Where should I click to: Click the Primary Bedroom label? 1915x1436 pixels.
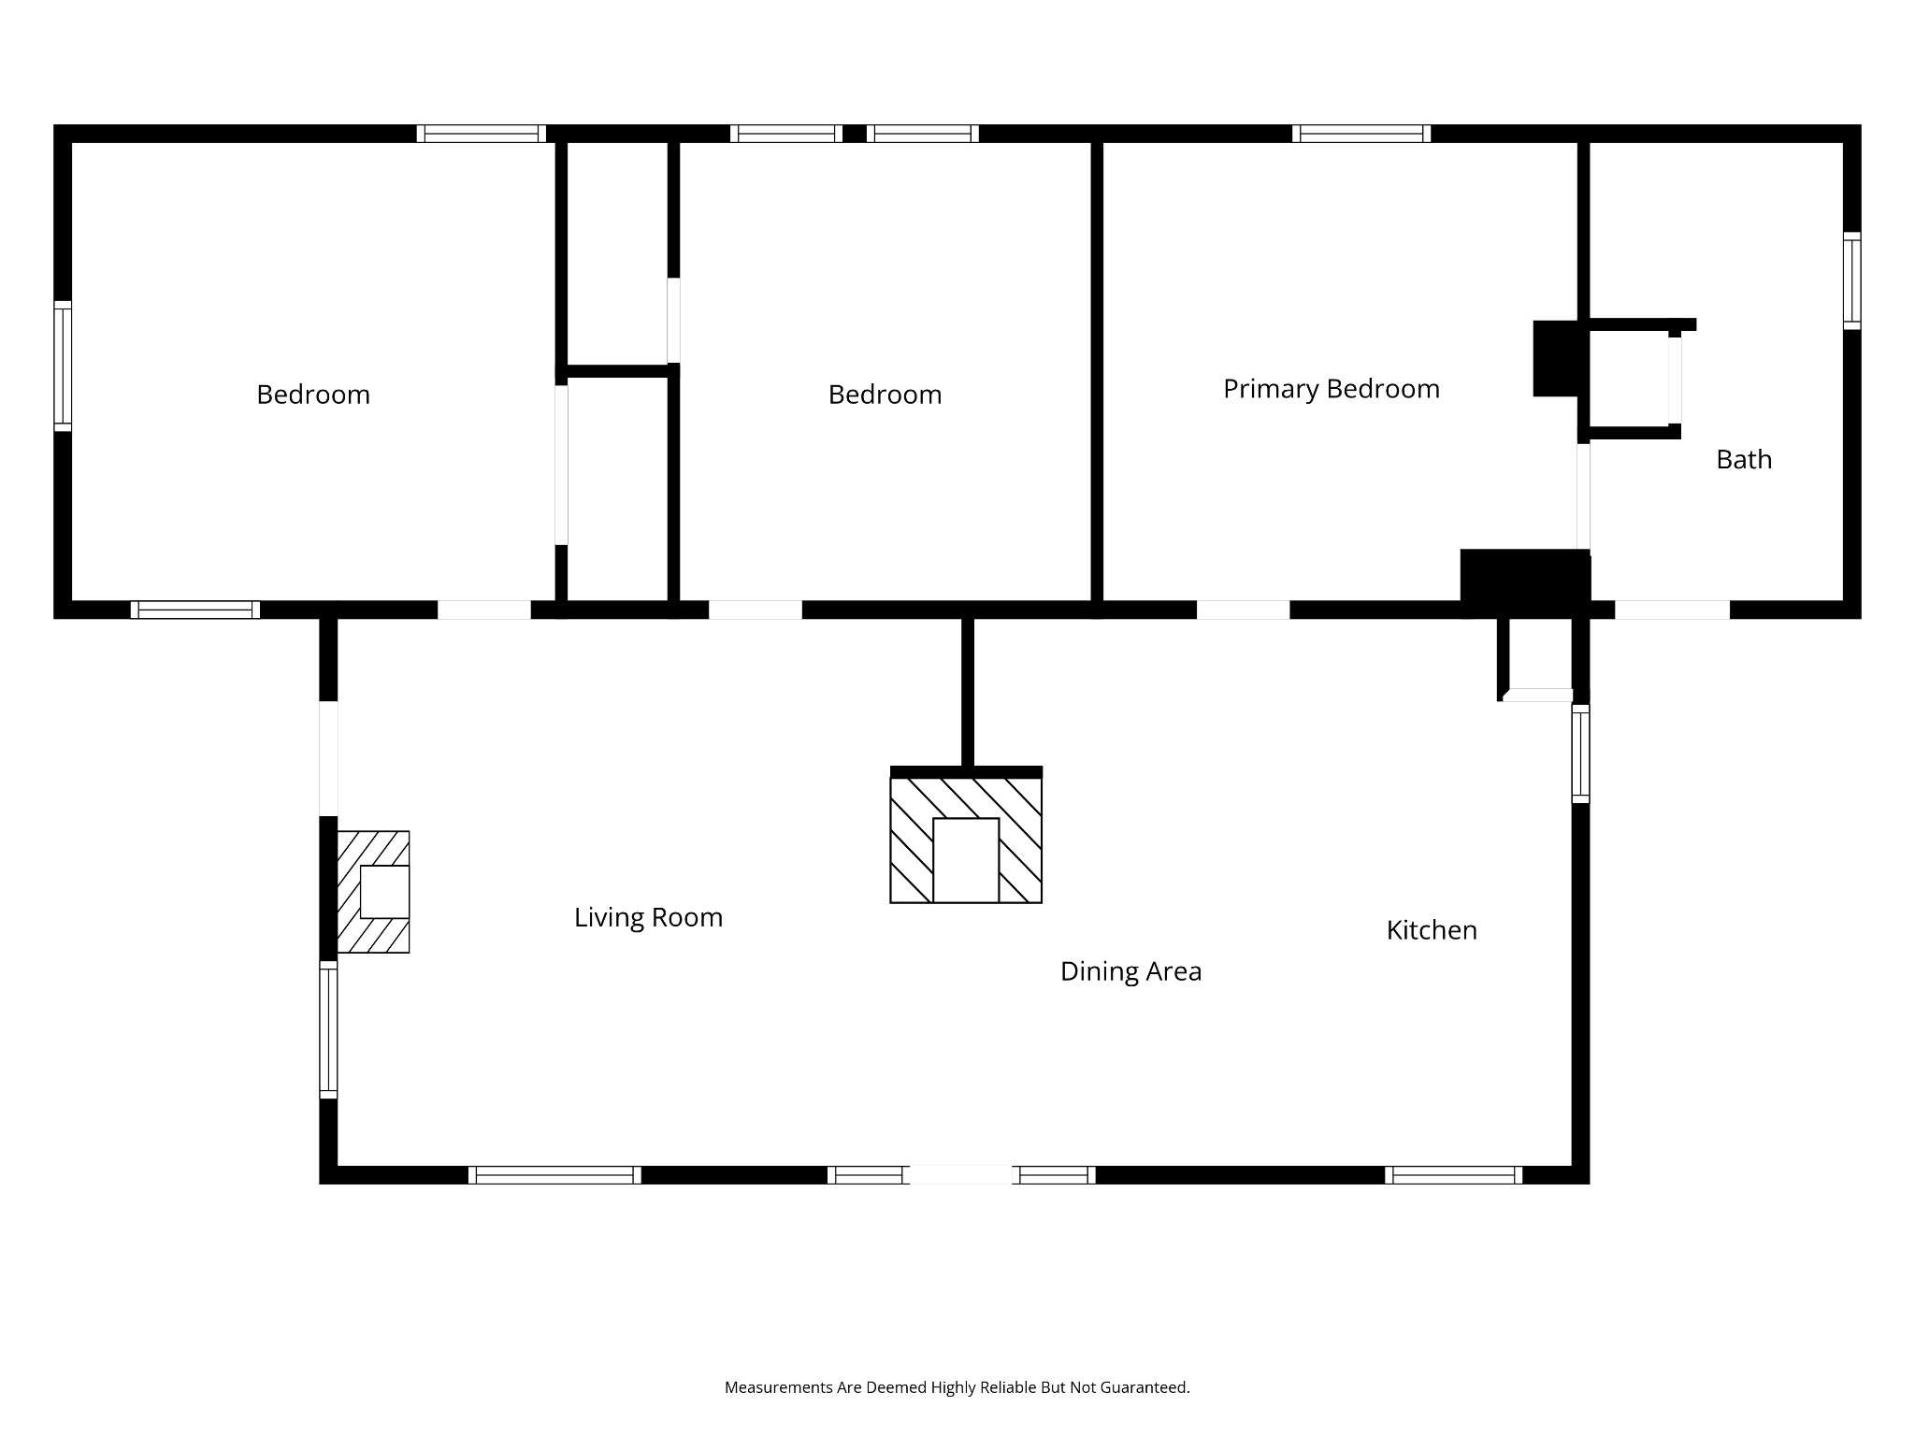coord(1332,389)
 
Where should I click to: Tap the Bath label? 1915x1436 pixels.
coord(1744,459)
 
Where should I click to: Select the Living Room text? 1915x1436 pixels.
coord(648,918)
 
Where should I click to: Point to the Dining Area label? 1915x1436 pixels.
coord(1130,972)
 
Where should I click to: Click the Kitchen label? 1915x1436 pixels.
coord(1432,930)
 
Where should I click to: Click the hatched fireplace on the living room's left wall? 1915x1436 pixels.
coord(373,892)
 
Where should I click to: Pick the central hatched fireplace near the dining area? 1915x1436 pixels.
coord(966,835)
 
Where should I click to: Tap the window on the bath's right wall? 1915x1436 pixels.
coord(1851,280)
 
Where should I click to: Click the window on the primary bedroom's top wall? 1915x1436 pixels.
coord(1361,134)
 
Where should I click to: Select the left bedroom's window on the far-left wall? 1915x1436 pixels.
coord(63,366)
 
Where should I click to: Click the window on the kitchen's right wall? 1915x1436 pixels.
coord(1580,754)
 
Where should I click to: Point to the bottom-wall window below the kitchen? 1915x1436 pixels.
coord(1453,1175)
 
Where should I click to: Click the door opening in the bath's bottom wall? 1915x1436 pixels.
coord(1672,610)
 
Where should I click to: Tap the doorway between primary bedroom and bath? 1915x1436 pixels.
coord(1583,496)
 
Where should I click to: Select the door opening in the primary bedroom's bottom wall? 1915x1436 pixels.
coord(1243,610)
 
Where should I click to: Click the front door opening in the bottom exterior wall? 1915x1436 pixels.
coord(961,1175)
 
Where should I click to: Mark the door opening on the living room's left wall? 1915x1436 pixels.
coord(328,758)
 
